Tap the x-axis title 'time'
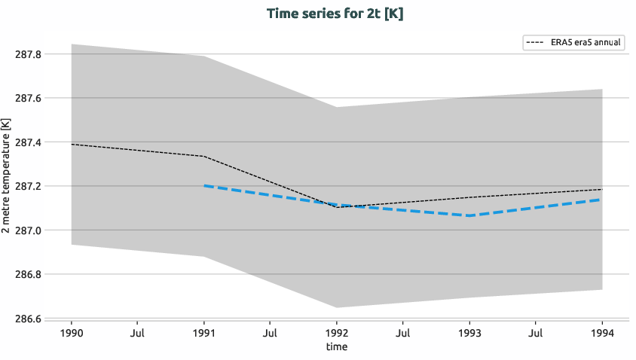tap(336, 347)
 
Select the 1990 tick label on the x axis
tap(72, 332)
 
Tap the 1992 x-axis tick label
tap(336, 332)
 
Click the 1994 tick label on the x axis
tap(601, 332)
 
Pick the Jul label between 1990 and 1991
tap(138, 332)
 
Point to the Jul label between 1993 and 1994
tap(536, 332)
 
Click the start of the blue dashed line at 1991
tap(204, 185)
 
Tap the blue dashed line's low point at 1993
tap(469, 216)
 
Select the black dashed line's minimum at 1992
tap(336, 207)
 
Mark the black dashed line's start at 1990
tap(72, 144)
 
